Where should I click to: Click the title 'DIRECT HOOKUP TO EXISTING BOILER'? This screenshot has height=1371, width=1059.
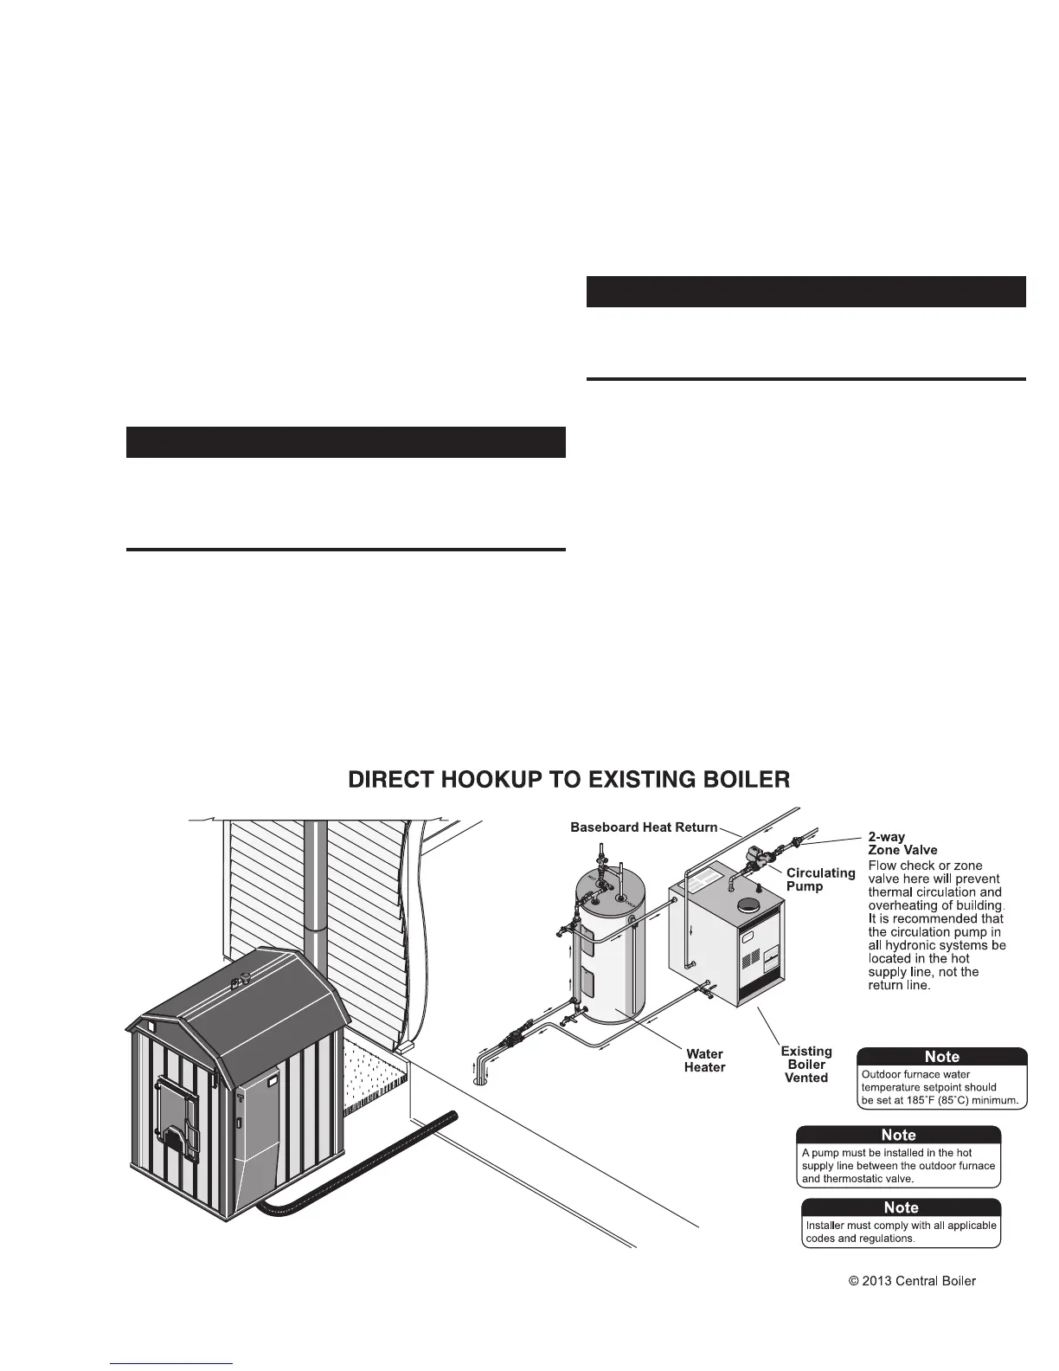pyautogui.click(x=568, y=780)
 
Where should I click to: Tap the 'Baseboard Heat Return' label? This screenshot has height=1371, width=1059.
pyautogui.click(x=644, y=827)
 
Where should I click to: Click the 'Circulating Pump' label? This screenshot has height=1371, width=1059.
pyautogui.click(x=820, y=879)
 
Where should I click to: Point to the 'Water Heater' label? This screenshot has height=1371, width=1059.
pyautogui.click(x=704, y=1060)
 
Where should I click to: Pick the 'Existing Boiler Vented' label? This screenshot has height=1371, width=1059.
pyautogui.click(x=806, y=1065)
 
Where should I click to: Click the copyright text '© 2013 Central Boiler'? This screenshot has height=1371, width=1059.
pyautogui.click(x=912, y=1281)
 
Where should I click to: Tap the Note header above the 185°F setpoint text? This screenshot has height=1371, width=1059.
pyautogui.click(x=942, y=1057)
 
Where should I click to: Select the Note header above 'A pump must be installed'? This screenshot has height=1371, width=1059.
pyautogui.click(x=898, y=1135)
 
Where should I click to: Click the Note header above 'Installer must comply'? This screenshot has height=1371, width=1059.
pyautogui.click(x=901, y=1207)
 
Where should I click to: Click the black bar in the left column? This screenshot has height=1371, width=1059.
pyautogui.click(x=345, y=441)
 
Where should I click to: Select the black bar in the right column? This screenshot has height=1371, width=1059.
pyautogui.click(x=805, y=292)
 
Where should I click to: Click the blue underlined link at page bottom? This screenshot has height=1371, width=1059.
pyautogui.click(x=172, y=1363)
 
